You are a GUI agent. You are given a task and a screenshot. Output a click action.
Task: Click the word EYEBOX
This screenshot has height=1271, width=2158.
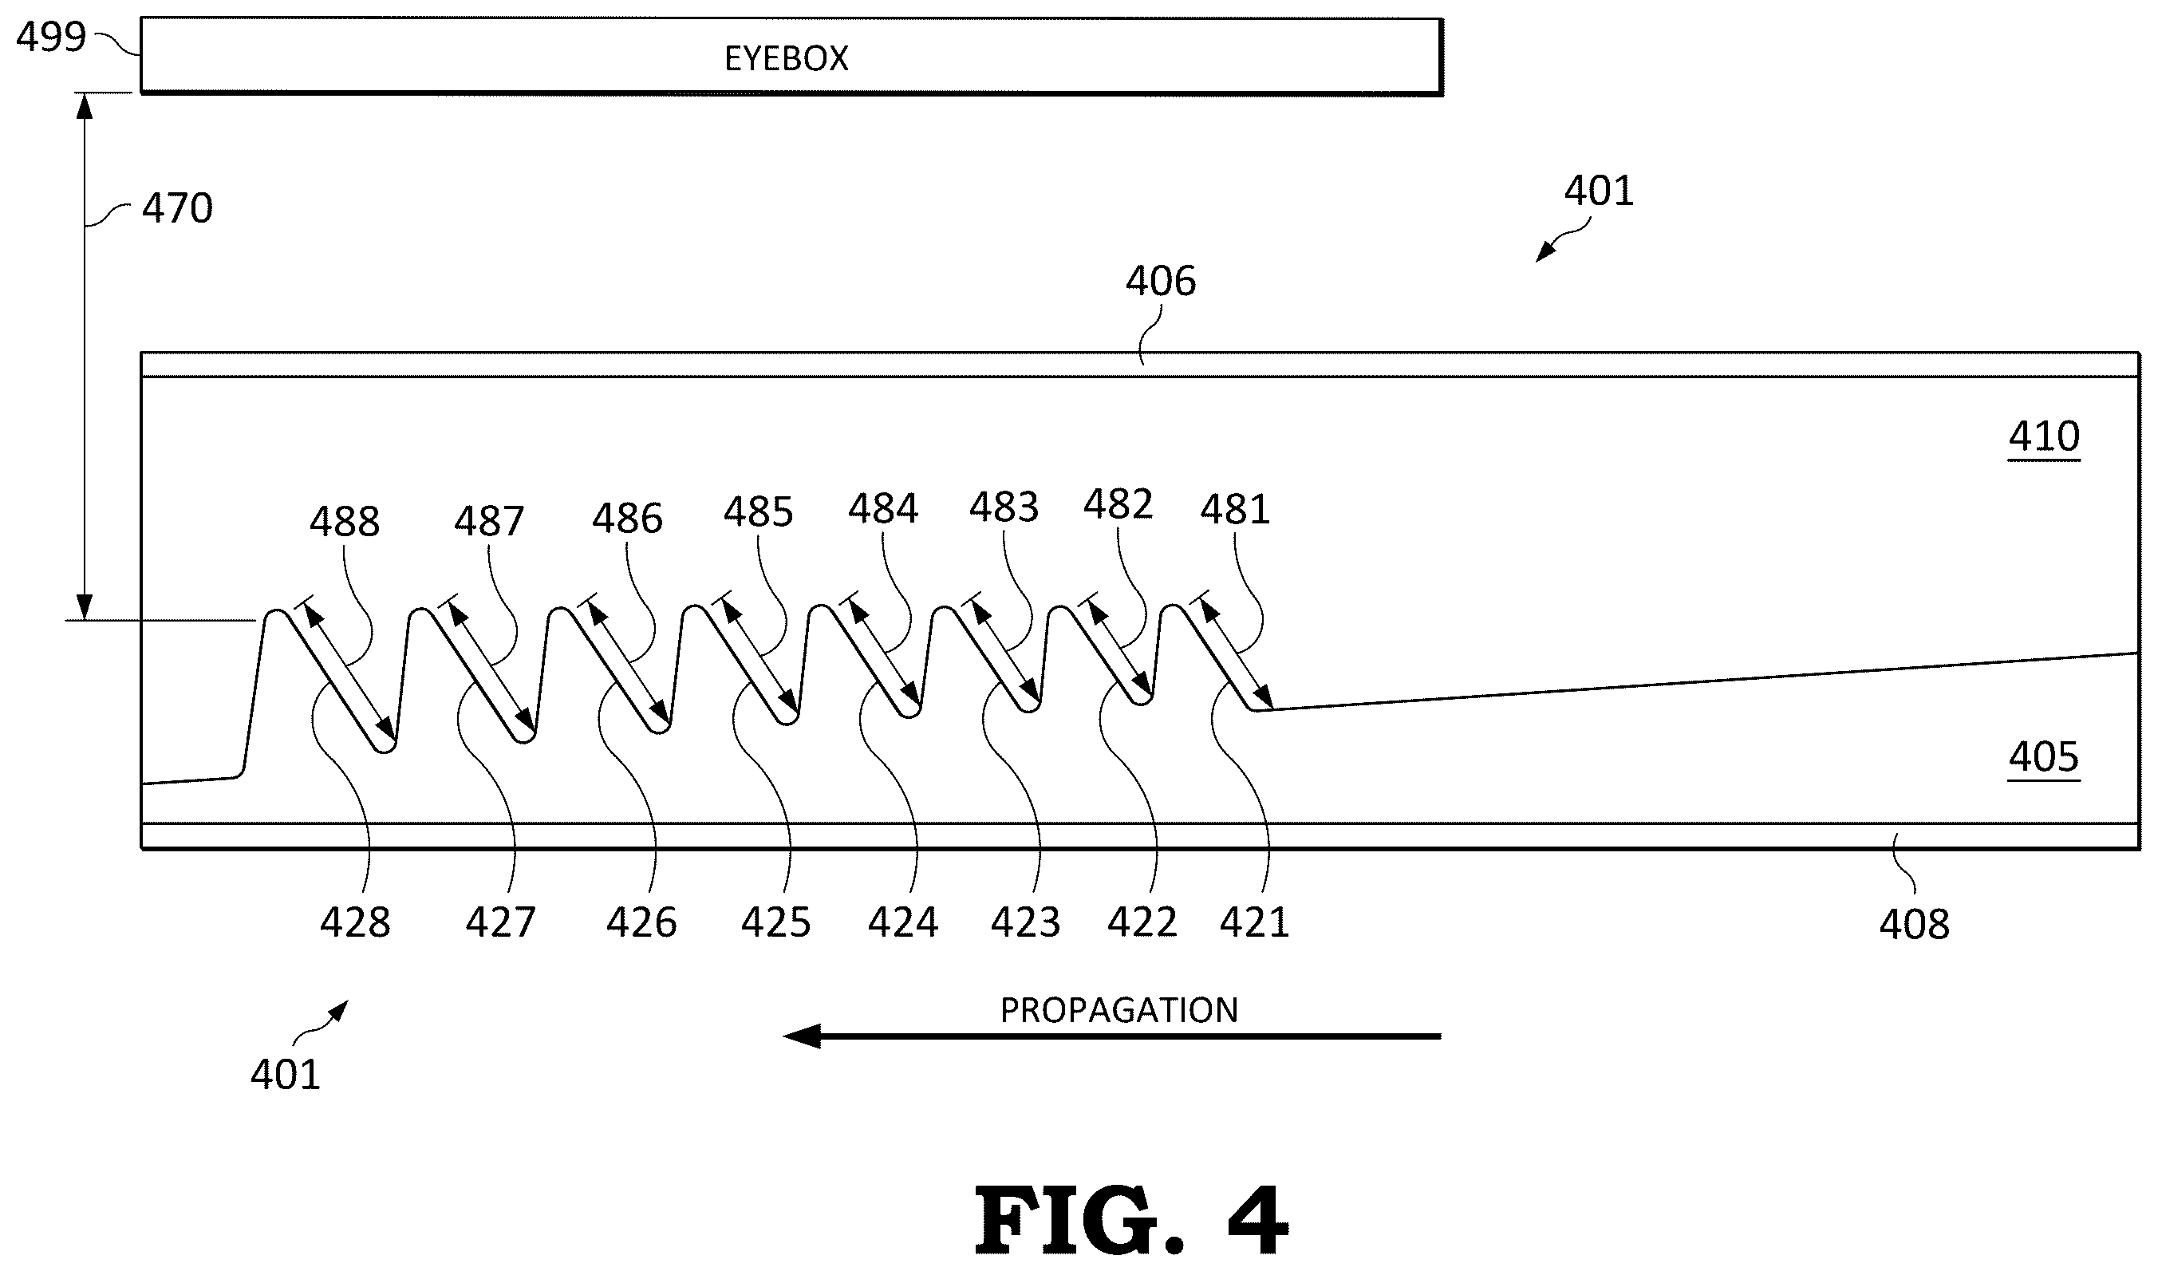coord(786,58)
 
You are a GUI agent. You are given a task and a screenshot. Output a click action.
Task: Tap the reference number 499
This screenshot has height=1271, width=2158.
coord(51,37)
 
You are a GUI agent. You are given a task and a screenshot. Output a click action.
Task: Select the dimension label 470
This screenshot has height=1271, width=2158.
coord(177,208)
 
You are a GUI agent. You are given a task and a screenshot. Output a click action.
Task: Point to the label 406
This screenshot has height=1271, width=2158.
coord(1160,281)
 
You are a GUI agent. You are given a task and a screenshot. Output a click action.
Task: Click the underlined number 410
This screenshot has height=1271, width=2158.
coord(2044,436)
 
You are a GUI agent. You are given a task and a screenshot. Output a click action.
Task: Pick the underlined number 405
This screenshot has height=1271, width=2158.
coord(2044,757)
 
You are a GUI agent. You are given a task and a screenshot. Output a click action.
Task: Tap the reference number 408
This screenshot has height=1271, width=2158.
coord(1915,925)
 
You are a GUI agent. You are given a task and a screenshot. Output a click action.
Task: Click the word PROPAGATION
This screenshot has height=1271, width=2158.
coord(1119,1011)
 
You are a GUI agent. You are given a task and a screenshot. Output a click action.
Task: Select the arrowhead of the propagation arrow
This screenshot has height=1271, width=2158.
coord(801,1036)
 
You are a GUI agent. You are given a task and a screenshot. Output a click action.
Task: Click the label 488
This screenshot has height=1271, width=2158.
coord(345,522)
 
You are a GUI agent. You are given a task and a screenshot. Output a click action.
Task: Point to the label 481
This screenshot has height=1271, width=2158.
coord(1235,510)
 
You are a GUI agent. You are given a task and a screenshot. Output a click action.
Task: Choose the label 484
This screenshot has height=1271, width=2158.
coord(883,509)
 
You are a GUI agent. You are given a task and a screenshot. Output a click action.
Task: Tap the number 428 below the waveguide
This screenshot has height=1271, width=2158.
coord(355,923)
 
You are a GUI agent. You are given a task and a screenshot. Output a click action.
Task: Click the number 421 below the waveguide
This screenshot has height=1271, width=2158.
coord(1255,923)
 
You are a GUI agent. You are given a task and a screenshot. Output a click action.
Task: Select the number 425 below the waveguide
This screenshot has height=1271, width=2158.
coord(776,923)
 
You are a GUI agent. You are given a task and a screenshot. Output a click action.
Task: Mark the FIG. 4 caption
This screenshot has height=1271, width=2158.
coord(1131,1220)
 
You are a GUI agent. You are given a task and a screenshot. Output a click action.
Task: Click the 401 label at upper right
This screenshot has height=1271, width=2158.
coord(1599,191)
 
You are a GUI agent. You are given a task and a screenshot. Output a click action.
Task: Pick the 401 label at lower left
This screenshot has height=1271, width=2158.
coord(285,1074)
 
